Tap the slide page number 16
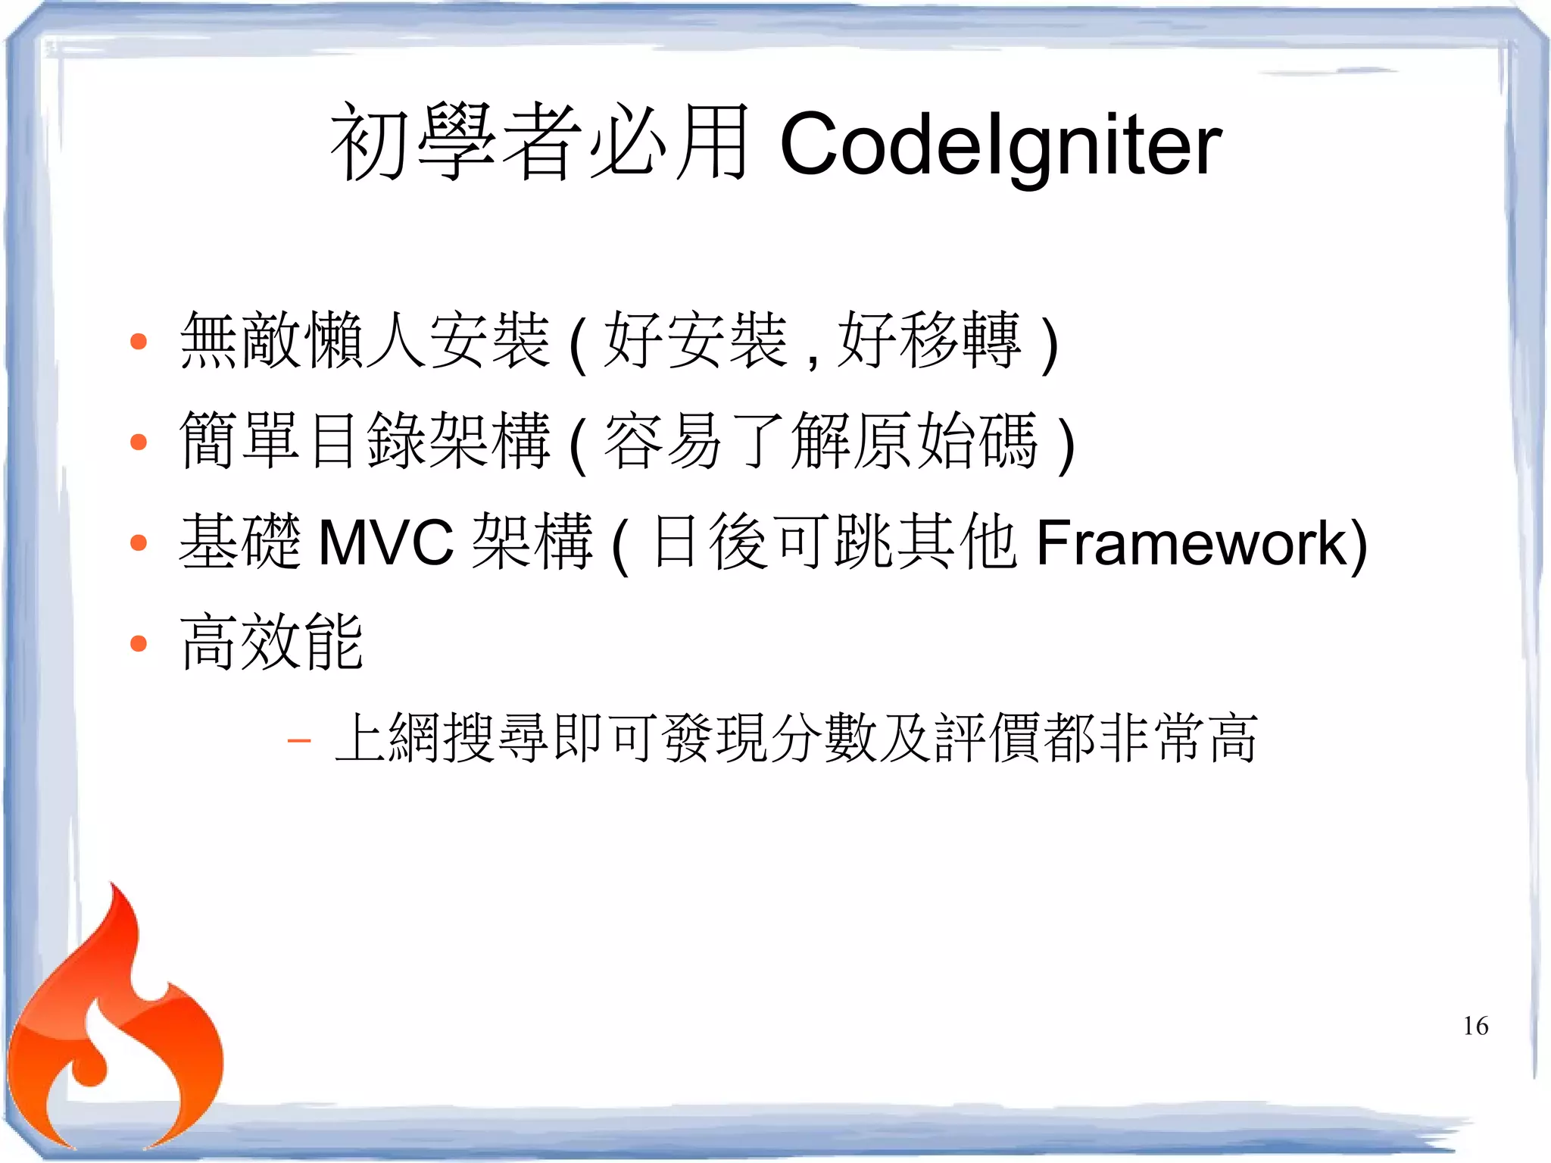pos(1475,1026)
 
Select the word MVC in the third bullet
pos(386,542)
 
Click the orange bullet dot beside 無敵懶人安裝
pos(139,342)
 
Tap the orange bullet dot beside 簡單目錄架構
pos(139,442)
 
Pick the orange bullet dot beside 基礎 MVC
pos(139,542)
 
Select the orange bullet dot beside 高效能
pos(139,643)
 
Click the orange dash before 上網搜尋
pos(299,739)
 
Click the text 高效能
pos(272,642)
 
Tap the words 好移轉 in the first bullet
pos(929,341)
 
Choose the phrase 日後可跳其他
pos(833,542)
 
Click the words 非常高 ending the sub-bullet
pos(1178,738)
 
